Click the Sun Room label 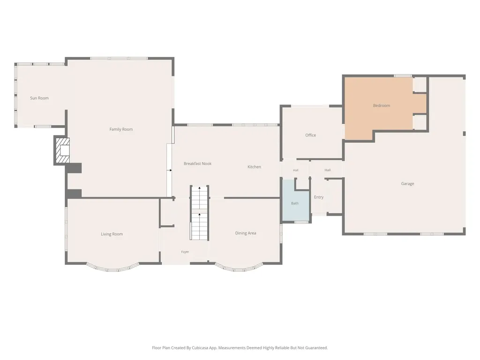[x=39, y=98]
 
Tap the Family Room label [x=121, y=129]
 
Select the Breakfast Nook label [x=197, y=164]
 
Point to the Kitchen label [x=254, y=167]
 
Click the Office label [x=310, y=135]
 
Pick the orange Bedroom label [x=382, y=105]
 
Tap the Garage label [x=407, y=184]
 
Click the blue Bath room [x=295, y=200]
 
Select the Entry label [x=319, y=197]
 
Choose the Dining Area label [x=246, y=233]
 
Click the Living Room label [x=112, y=234]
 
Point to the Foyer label [x=185, y=252]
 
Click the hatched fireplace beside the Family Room [x=62, y=150]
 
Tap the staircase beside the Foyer [x=200, y=213]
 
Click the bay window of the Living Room [x=112, y=269]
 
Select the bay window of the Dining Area [x=239, y=268]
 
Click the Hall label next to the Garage [x=328, y=170]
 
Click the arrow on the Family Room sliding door [x=169, y=170]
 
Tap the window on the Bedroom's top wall [x=403, y=75]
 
